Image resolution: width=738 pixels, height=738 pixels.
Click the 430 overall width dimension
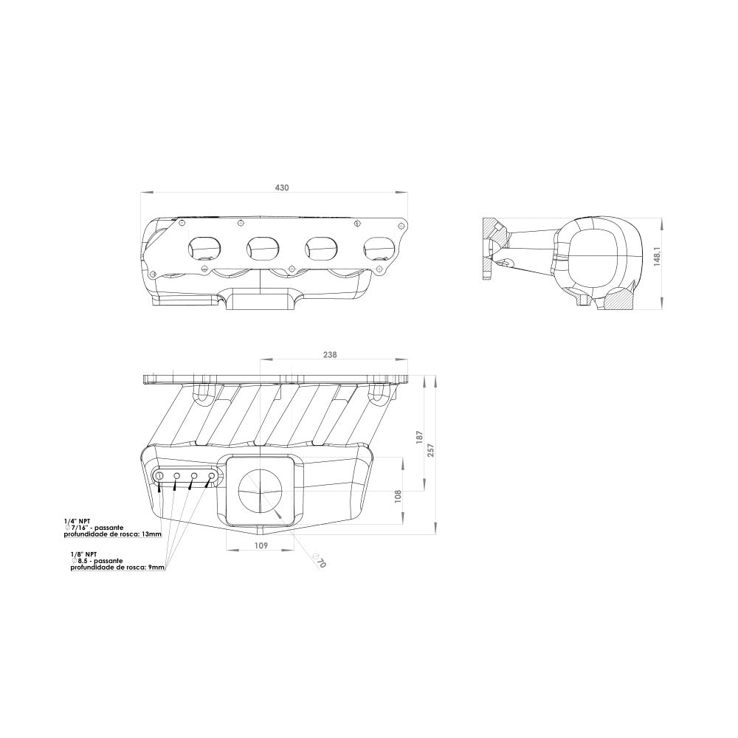[281, 187]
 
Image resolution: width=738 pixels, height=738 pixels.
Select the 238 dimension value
[330, 355]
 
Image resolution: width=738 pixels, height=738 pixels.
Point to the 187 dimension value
[421, 438]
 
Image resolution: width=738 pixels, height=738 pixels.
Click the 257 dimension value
[431, 450]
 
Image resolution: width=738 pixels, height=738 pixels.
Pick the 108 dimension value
[398, 497]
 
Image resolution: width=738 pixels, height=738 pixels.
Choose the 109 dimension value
[261, 545]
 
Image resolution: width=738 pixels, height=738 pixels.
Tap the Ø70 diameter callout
[319, 561]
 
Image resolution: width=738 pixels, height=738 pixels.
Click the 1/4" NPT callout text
[77, 522]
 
